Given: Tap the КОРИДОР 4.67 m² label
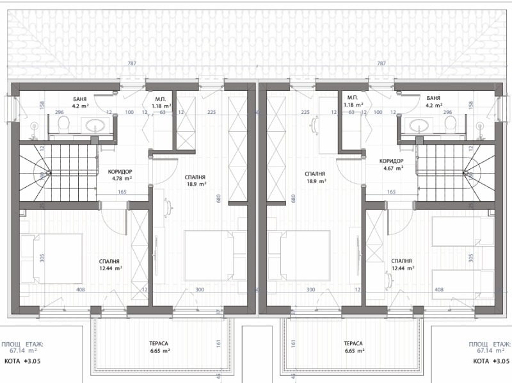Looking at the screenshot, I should click(x=392, y=165).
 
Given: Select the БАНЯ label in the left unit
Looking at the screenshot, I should click(x=80, y=99).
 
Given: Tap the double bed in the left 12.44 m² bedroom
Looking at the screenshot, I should click(x=51, y=257).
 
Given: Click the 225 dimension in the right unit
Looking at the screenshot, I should click(x=305, y=112).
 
